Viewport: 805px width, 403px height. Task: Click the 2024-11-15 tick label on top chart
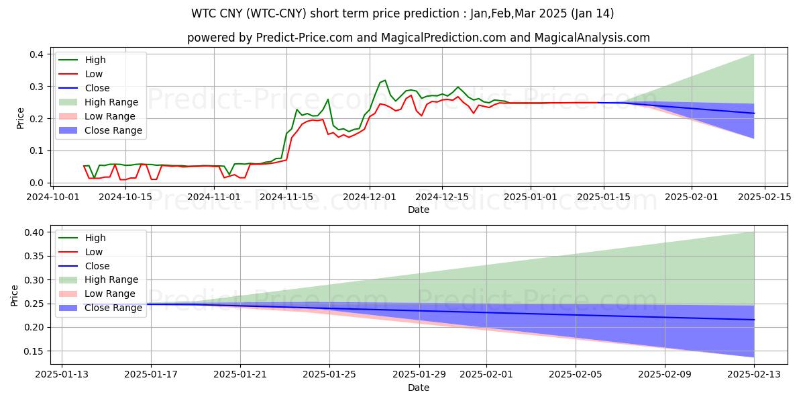click(x=286, y=197)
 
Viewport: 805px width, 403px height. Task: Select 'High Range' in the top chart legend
click(x=111, y=102)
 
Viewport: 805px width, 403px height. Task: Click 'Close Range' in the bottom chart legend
click(x=113, y=308)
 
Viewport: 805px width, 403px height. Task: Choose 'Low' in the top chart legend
click(x=94, y=74)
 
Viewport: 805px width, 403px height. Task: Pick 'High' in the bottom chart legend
click(x=95, y=238)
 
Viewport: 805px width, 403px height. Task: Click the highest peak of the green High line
click(x=384, y=81)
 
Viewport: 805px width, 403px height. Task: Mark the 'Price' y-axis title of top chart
click(x=21, y=118)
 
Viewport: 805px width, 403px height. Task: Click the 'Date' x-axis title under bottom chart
click(x=419, y=388)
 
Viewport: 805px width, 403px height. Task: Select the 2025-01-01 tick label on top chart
click(x=531, y=197)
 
